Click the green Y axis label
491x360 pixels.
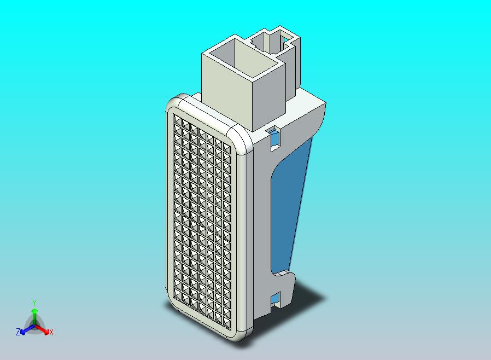[x=34, y=303]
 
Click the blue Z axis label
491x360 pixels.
[x=18, y=332]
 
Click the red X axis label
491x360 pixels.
[x=51, y=332]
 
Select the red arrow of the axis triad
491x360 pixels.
[x=44, y=329]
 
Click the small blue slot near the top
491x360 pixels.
[x=274, y=136]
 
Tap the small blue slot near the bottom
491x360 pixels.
[x=276, y=298]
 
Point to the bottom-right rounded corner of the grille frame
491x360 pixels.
[x=244, y=332]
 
